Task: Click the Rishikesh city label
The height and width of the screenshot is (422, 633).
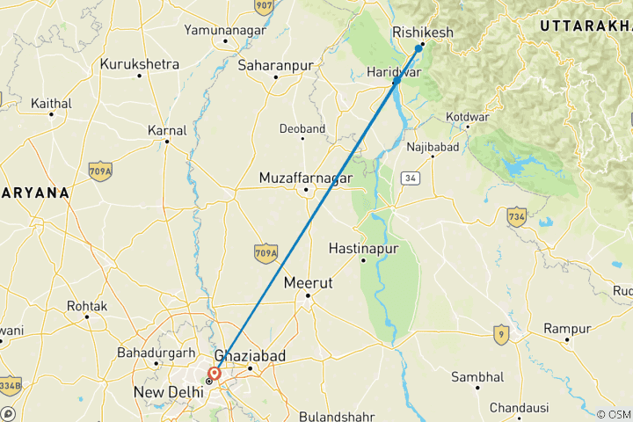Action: coord(423,33)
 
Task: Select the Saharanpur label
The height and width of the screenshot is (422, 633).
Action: coord(275,64)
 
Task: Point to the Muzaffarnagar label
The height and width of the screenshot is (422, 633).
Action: coord(305,178)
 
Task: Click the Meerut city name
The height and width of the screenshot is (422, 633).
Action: coord(308,284)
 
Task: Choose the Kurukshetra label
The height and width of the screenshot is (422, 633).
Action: coord(140,64)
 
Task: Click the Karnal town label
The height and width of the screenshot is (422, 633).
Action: coord(167,130)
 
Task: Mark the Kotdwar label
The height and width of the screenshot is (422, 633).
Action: coord(466,115)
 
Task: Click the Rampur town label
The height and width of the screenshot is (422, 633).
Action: coord(566,328)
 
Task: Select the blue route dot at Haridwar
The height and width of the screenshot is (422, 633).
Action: coord(397,81)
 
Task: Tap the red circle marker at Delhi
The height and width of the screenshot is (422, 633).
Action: coord(215,373)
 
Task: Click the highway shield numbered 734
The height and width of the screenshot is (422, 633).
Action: coord(516,215)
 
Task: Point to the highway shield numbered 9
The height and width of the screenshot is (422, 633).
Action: coord(500,334)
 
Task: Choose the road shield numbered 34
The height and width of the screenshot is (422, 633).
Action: coord(409,178)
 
